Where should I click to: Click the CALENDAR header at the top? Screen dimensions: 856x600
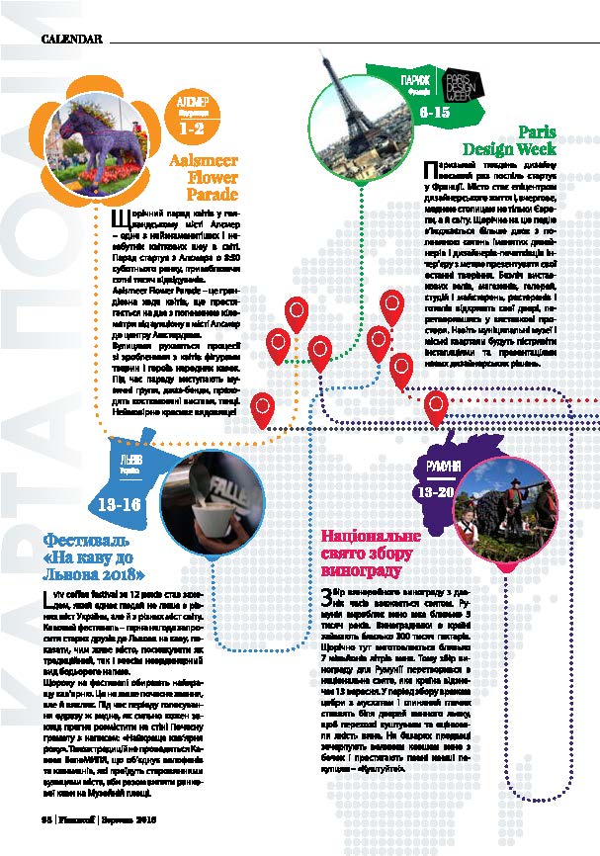coord(72,39)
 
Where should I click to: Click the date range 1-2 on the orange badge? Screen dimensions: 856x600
coord(192,128)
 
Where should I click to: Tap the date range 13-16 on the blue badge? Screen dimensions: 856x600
coord(120,504)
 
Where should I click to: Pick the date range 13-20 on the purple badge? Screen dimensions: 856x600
coord(435,490)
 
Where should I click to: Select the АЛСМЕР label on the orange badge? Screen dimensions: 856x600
coord(191,102)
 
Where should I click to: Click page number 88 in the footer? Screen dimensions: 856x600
coord(45,819)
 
